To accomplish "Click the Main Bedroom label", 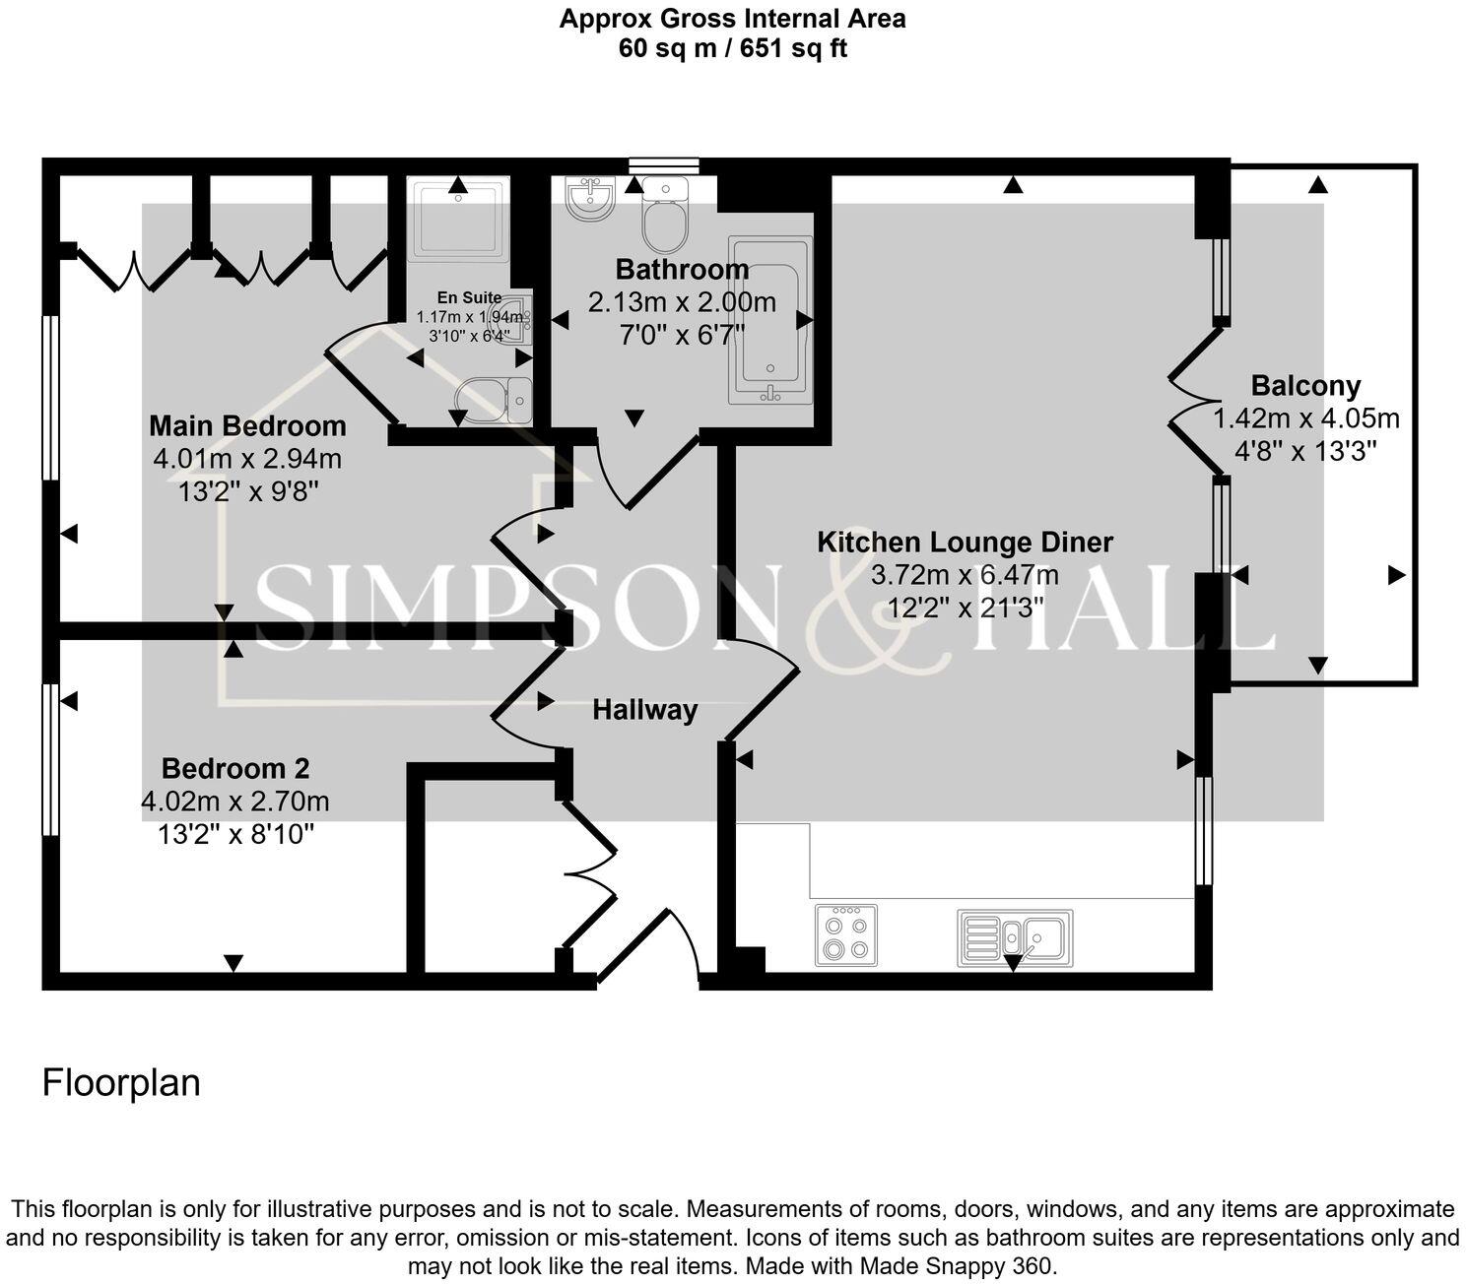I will click(x=247, y=426).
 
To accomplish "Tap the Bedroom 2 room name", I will click(x=235, y=769).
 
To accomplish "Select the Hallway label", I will click(x=644, y=710).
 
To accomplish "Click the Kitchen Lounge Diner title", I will click(x=965, y=543).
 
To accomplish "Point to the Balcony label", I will click(x=1305, y=386).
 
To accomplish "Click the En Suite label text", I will click(x=470, y=297).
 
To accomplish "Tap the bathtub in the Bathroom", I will click(x=769, y=320).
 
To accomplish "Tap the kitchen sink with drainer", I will click(x=1015, y=937).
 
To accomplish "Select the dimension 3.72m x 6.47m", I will click(x=965, y=575).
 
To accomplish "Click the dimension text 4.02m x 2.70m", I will click(x=235, y=802).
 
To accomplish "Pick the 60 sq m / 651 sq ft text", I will click(x=732, y=47).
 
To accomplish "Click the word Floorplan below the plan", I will click(x=121, y=1082).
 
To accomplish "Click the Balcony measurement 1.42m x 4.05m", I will click(x=1305, y=418).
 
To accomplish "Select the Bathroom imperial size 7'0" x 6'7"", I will click(x=681, y=334).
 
